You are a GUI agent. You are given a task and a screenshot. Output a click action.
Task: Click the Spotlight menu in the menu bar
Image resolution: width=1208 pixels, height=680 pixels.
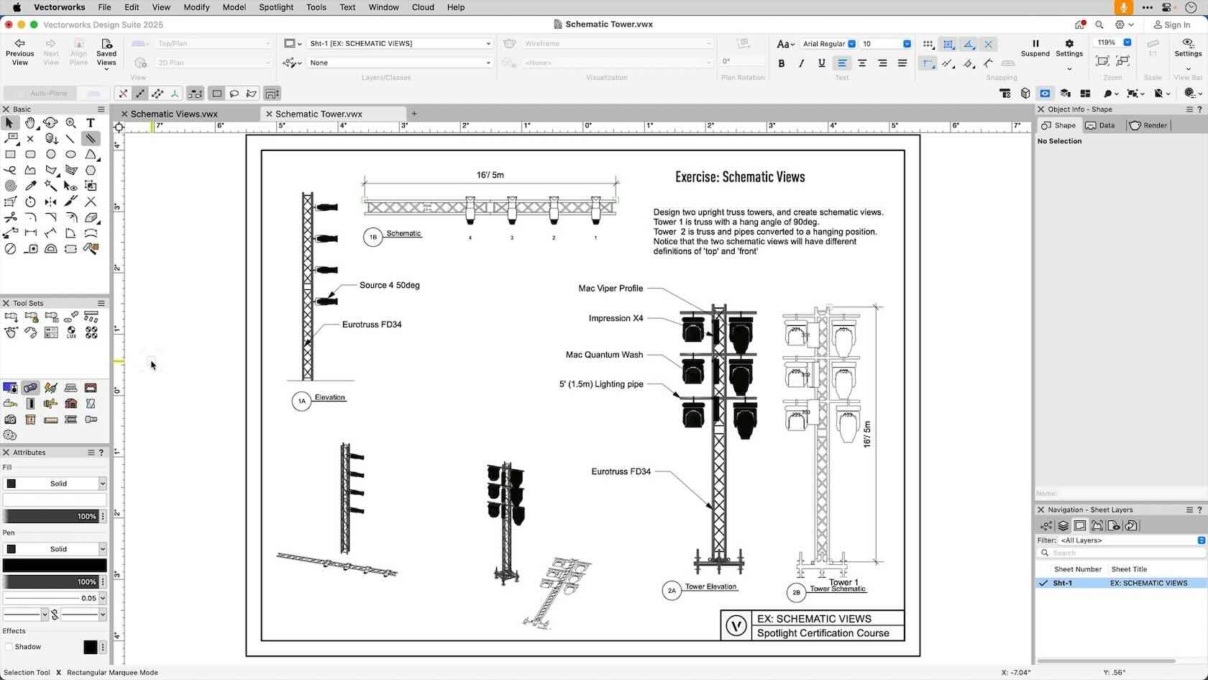276,7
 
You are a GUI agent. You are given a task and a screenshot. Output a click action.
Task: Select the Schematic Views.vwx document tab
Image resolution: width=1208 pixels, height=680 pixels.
174,114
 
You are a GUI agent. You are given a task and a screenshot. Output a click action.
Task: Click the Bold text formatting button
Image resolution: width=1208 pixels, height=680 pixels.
782,63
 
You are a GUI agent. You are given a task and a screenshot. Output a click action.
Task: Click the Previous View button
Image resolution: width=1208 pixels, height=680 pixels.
19,52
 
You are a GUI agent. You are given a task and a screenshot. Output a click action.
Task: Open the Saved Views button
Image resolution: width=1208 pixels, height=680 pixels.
106,52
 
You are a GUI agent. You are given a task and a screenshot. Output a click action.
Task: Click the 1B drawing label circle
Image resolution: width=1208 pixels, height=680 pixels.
372,237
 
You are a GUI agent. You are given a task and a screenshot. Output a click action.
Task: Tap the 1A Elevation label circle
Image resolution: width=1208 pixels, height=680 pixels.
301,401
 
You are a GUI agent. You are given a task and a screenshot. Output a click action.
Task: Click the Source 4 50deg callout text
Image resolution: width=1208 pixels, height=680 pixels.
389,285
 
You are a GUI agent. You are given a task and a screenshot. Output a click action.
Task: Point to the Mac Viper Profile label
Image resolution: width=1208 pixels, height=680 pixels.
610,288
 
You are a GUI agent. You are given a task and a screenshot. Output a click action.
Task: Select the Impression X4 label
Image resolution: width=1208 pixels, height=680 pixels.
616,318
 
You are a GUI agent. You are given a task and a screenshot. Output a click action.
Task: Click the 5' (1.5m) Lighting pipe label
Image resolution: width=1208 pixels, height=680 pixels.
601,384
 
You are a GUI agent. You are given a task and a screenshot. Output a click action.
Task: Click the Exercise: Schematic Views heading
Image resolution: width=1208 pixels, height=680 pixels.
740,177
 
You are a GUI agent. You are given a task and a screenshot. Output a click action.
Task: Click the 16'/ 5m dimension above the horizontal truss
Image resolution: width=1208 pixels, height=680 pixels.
490,175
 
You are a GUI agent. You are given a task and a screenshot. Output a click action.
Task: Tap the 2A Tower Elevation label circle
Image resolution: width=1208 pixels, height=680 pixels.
672,590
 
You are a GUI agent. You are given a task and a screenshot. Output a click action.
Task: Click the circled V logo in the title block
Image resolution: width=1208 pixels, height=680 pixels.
736,625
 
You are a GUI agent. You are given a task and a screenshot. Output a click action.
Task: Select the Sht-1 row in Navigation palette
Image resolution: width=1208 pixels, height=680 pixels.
1063,583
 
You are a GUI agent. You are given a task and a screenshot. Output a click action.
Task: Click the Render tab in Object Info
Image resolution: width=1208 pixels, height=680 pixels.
1148,125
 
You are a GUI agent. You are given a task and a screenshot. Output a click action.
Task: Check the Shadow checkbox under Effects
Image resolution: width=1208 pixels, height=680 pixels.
9,647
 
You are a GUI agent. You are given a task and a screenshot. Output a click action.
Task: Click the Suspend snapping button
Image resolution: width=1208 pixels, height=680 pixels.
1035,47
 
